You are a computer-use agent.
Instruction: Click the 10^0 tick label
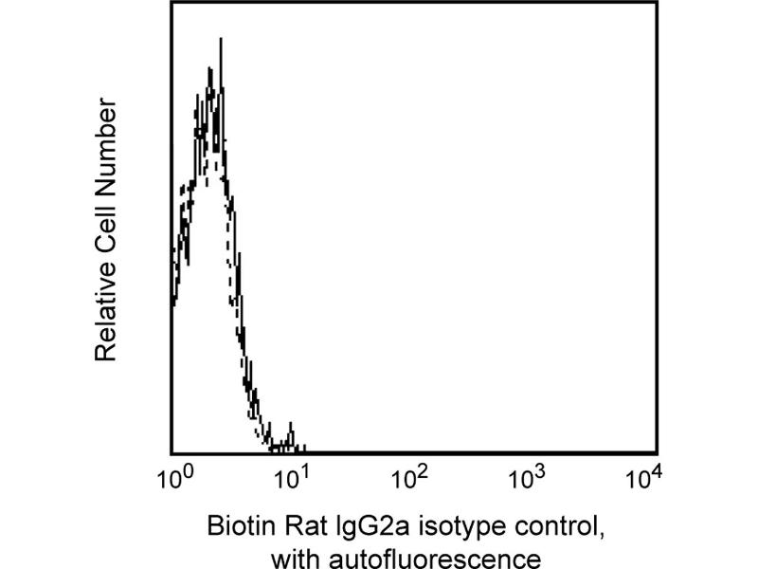point(172,476)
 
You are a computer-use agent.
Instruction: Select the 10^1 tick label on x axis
point(291,476)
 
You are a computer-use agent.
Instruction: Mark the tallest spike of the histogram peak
point(220,41)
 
